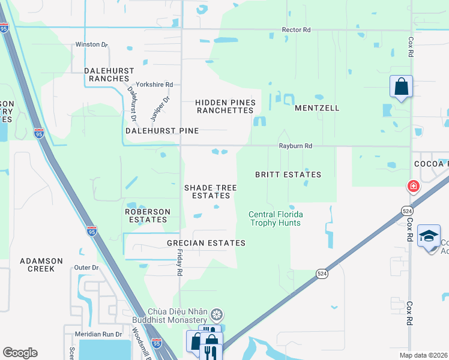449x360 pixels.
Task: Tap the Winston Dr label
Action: point(91,44)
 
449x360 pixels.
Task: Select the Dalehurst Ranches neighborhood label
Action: point(109,74)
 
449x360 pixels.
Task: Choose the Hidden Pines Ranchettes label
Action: point(225,107)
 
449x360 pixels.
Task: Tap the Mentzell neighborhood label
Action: point(317,109)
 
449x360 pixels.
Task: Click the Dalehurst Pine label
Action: point(161,130)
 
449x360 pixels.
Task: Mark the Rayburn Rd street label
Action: point(295,146)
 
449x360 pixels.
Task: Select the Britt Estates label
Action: point(288,175)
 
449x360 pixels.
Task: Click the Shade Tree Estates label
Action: point(211,192)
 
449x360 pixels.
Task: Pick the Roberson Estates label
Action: point(147,216)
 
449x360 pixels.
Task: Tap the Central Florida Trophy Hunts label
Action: point(276,218)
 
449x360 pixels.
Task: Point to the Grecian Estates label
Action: point(206,243)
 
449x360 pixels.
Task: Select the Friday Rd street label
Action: point(179,263)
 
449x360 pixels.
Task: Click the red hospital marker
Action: point(413,187)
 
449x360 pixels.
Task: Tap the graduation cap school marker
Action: point(429,236)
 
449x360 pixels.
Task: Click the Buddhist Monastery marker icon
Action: point(217,314)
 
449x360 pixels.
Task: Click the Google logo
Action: point(20,353)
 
